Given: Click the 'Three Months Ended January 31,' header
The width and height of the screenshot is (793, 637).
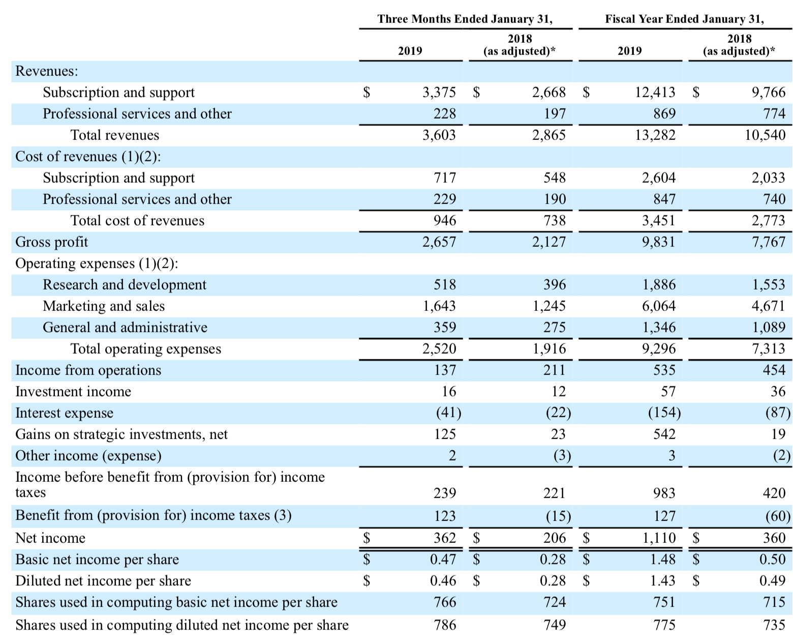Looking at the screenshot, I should click(x=465, y=19).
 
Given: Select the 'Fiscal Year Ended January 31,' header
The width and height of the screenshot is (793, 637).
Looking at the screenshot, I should click(x=684, y=19).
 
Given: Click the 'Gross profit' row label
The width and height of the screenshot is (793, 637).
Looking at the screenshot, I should click(x=51, y=242).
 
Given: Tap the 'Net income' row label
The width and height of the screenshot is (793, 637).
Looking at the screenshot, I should click(x=50, y=538).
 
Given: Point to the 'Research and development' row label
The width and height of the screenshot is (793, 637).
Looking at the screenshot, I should click(x=124, y=285).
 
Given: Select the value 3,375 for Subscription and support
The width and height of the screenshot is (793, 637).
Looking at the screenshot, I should click(x=439, y=93).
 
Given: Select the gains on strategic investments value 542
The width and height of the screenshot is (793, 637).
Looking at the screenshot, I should click(x=664, y=434).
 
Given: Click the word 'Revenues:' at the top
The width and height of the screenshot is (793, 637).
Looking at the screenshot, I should click(x=47, y=71).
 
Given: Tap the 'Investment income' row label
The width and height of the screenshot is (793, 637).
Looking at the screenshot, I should click(x=73, y=392).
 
